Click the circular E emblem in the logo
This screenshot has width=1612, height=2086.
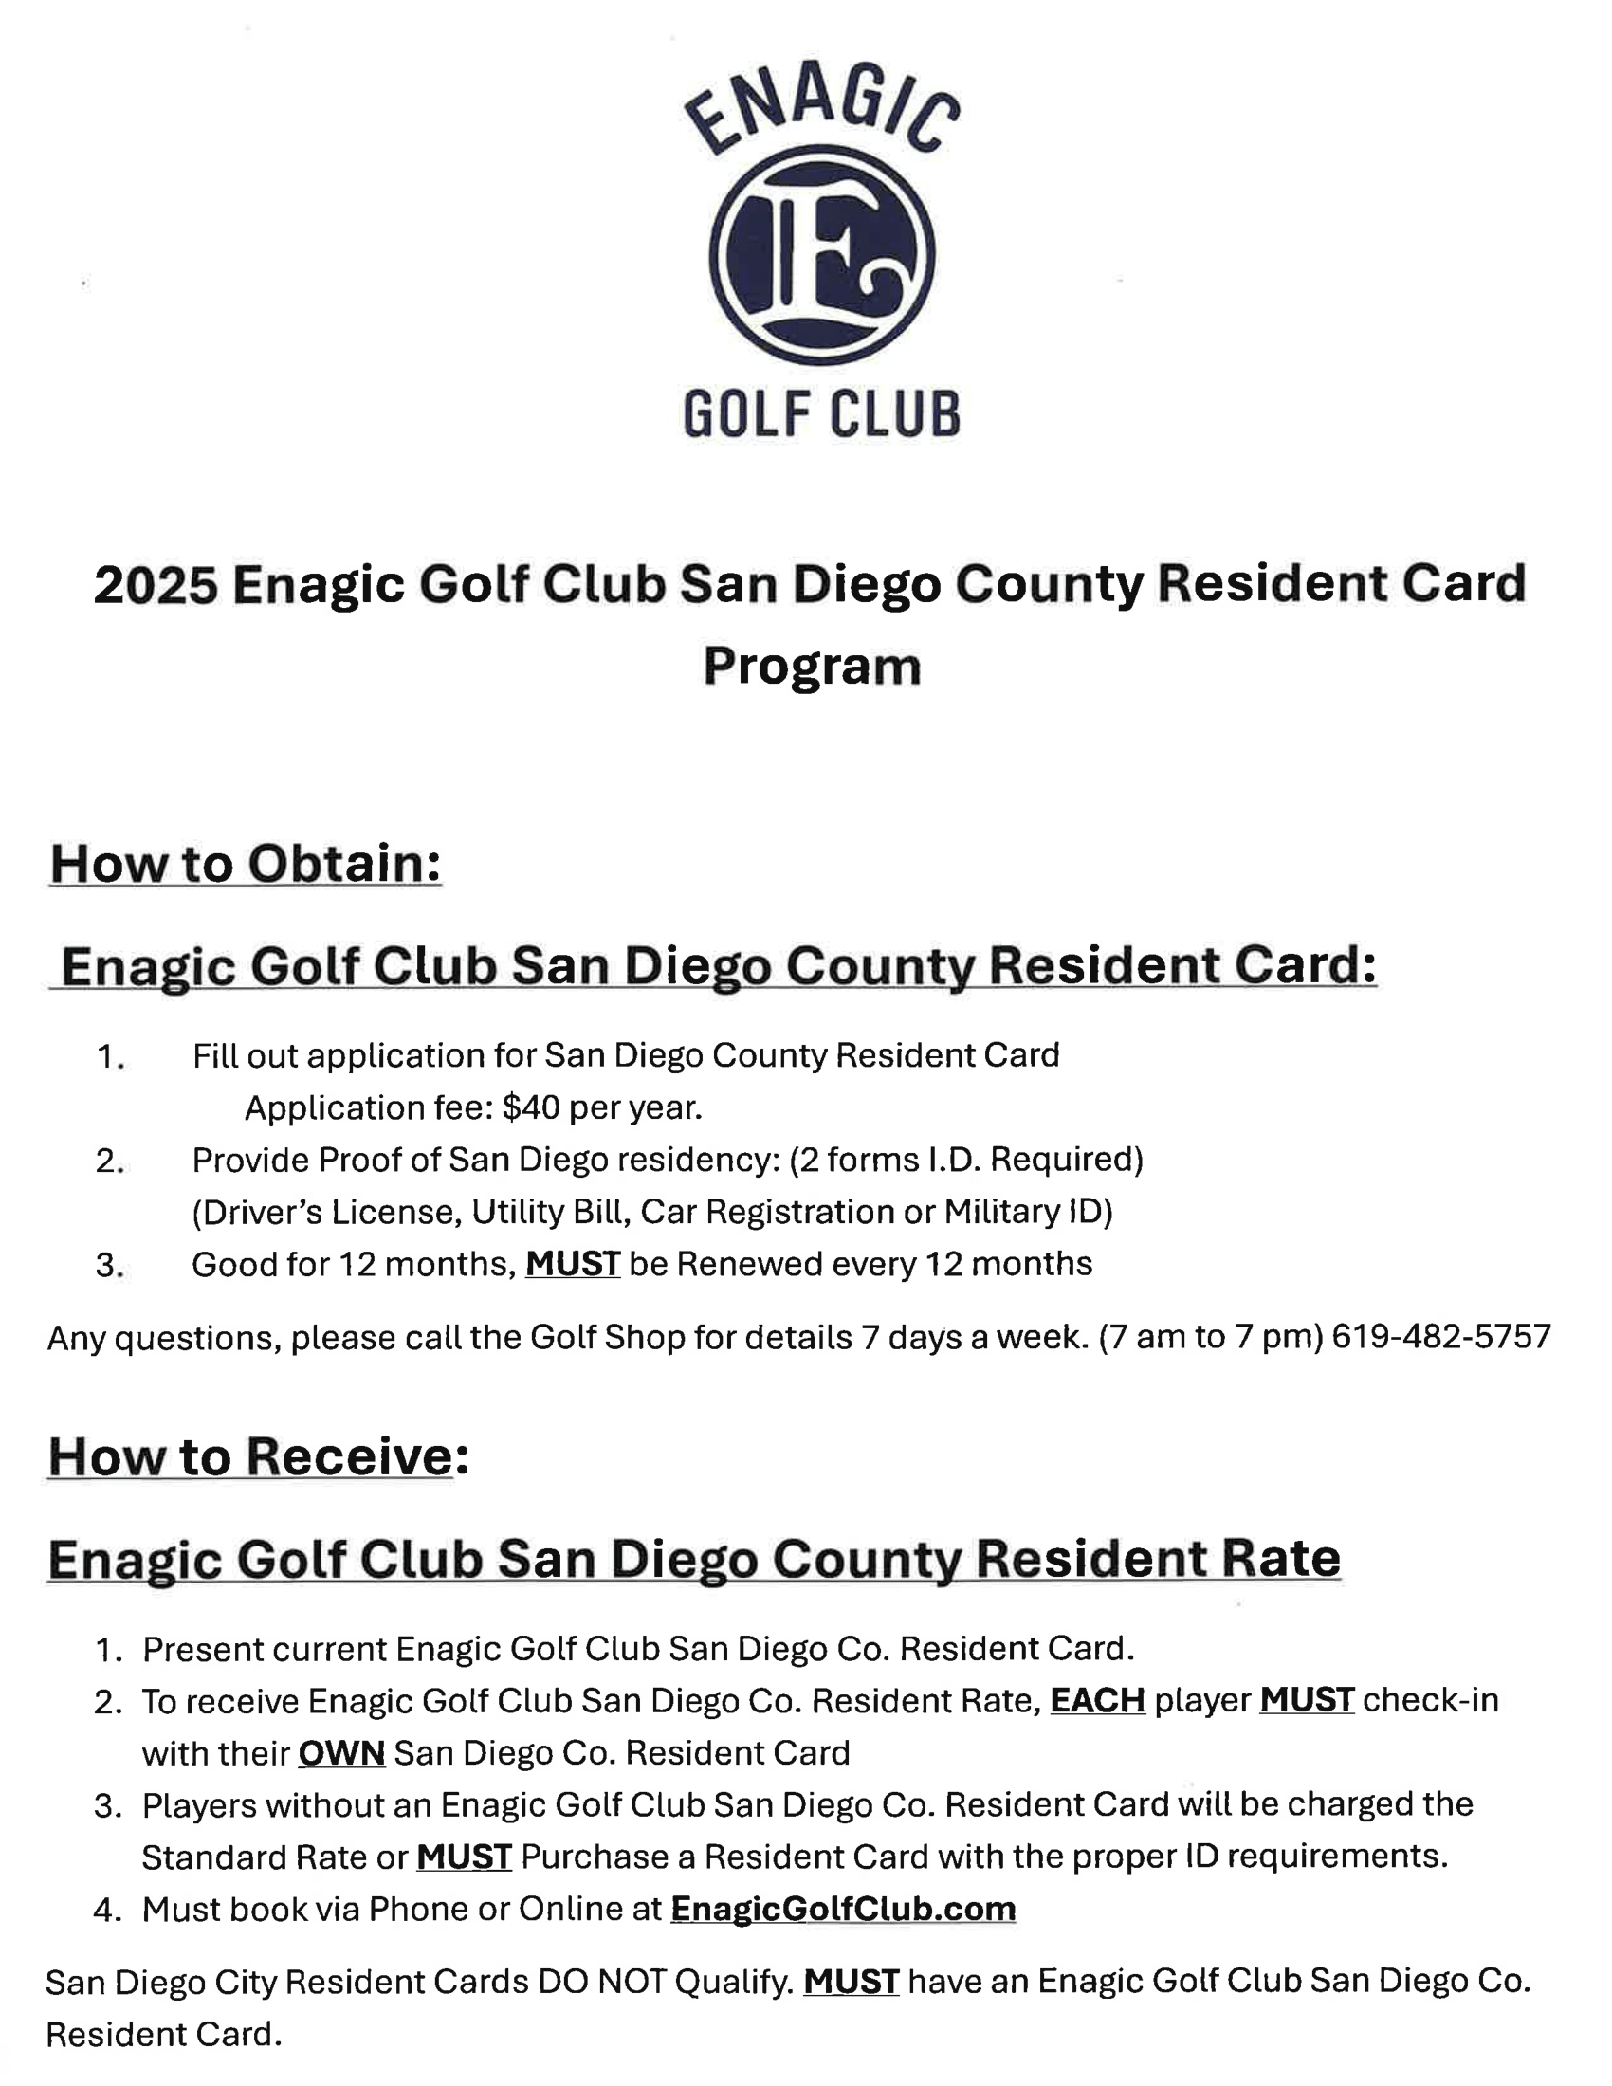821,255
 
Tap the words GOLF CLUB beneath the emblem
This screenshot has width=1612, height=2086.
821,414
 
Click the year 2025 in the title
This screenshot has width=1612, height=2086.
156,584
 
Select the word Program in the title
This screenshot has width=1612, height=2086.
812,666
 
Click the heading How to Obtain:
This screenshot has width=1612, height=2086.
246,864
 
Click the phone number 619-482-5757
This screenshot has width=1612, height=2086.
1441,1336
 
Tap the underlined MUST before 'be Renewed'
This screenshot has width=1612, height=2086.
572,1265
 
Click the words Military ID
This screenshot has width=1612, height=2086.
1028,1212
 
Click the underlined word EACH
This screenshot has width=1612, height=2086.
1097,1700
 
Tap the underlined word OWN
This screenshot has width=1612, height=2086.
341,1752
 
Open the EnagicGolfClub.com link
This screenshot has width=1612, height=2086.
843,1910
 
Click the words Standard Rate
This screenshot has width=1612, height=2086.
254,1857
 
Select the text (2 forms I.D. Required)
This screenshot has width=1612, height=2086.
965,1160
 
